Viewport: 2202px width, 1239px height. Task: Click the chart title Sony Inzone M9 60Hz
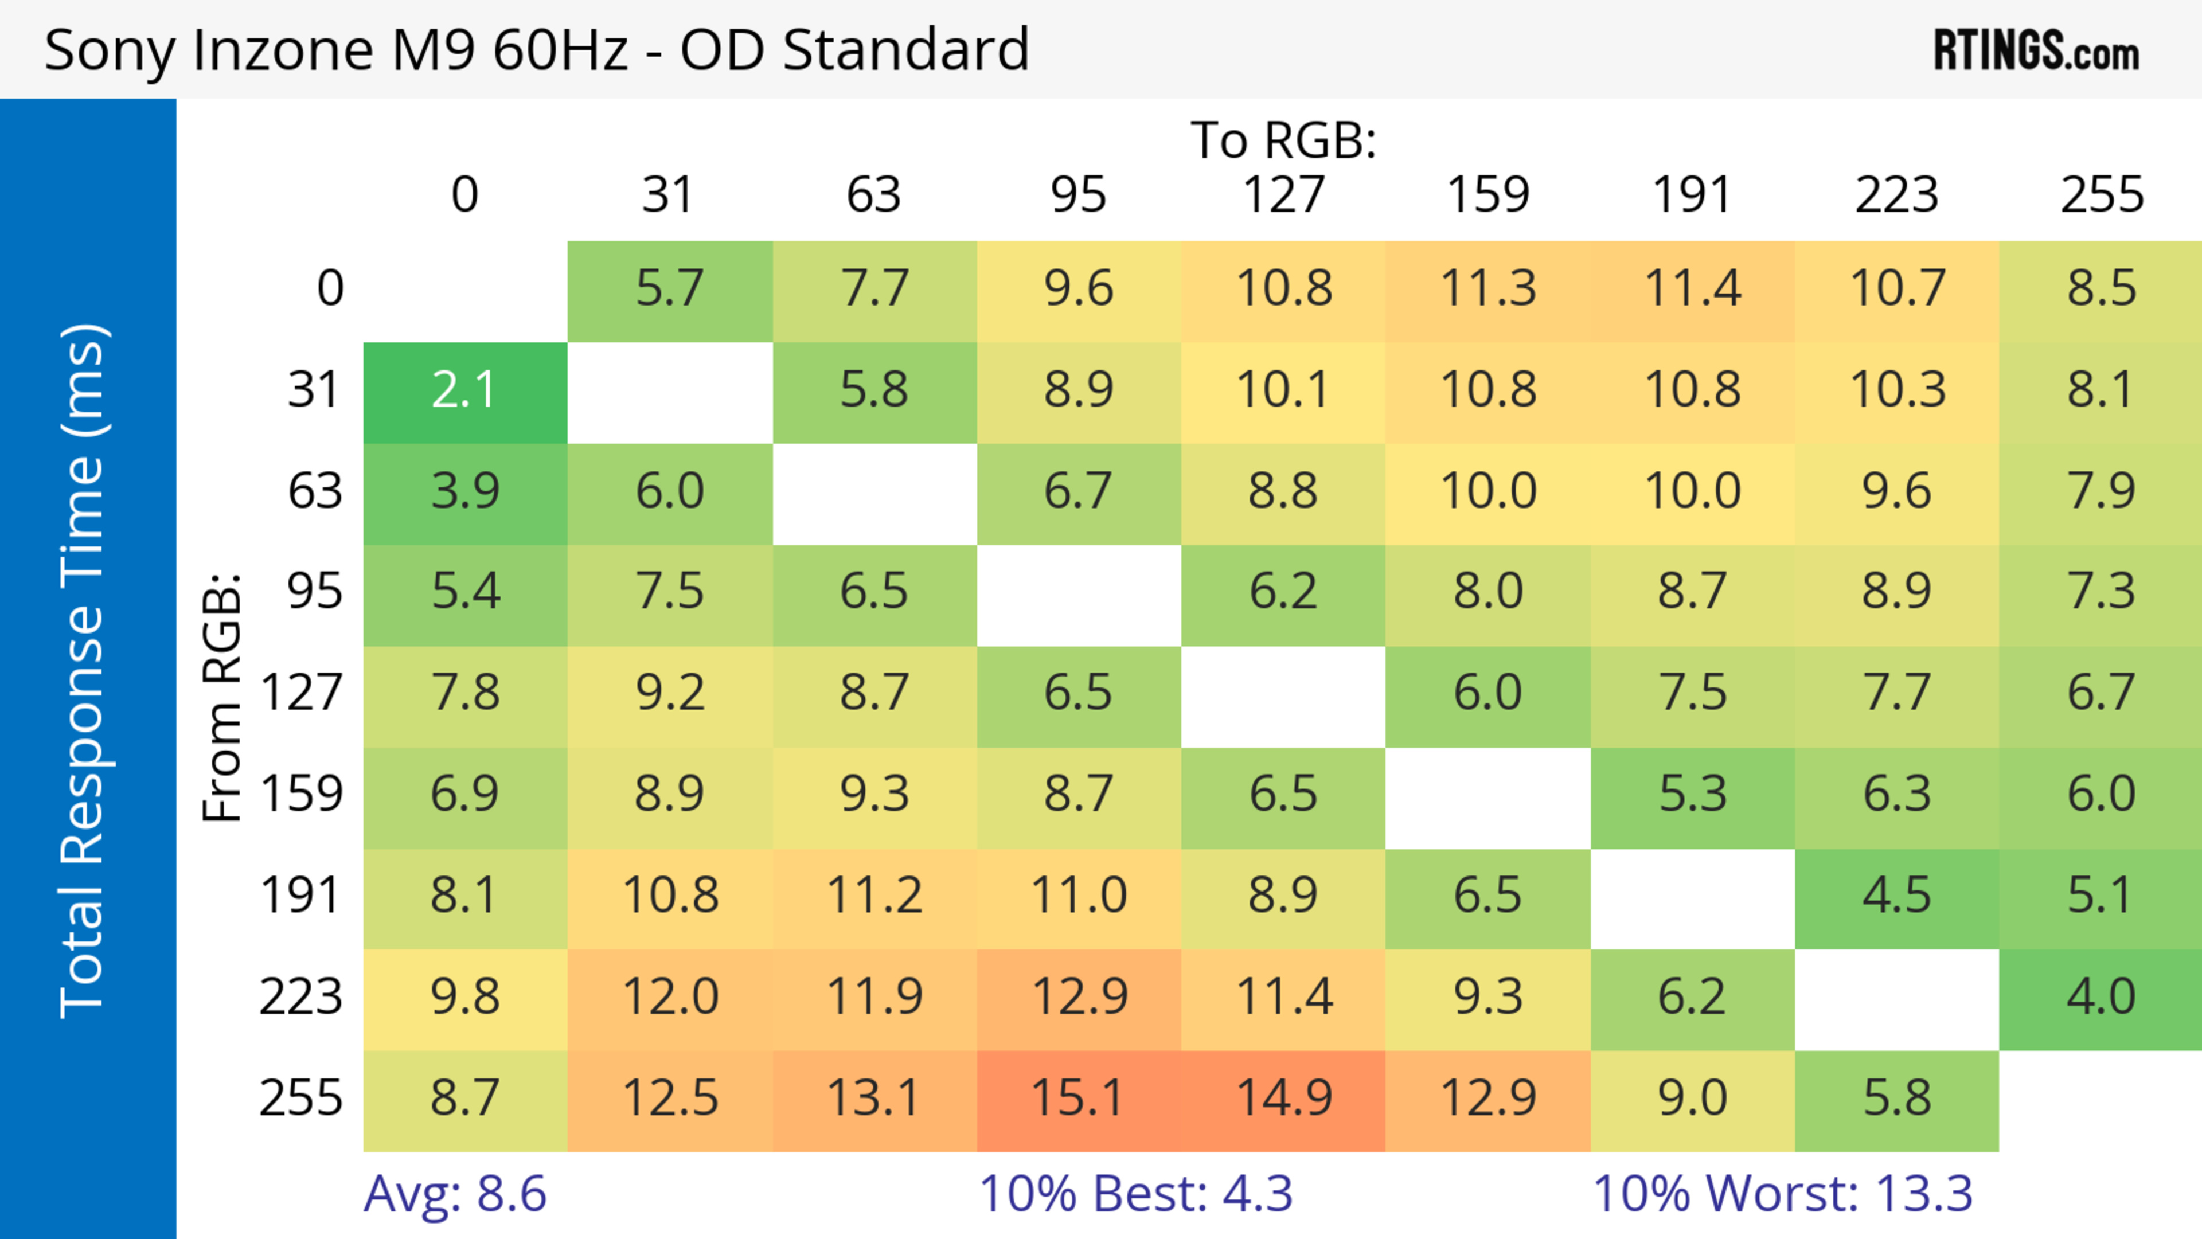(536, 49)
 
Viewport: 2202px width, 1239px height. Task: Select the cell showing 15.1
(1078, 1099)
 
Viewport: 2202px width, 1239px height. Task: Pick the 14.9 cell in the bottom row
(1283, 1099)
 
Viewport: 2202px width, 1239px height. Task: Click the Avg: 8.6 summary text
(455, 1194)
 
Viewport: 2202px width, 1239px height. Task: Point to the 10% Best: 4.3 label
(1135, 1194)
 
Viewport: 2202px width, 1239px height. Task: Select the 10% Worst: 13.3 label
(1782, 1194)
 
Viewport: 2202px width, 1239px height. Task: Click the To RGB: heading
(1283, 140)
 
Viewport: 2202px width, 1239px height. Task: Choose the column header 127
(1283, 195)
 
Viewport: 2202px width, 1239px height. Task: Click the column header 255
(2101, 195)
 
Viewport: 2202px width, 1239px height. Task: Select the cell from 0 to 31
(669, 290)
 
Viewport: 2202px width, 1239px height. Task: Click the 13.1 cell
(873, 1099)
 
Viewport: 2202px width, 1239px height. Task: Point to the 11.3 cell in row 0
(1487, 290)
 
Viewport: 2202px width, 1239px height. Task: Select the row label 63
(315, 492)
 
